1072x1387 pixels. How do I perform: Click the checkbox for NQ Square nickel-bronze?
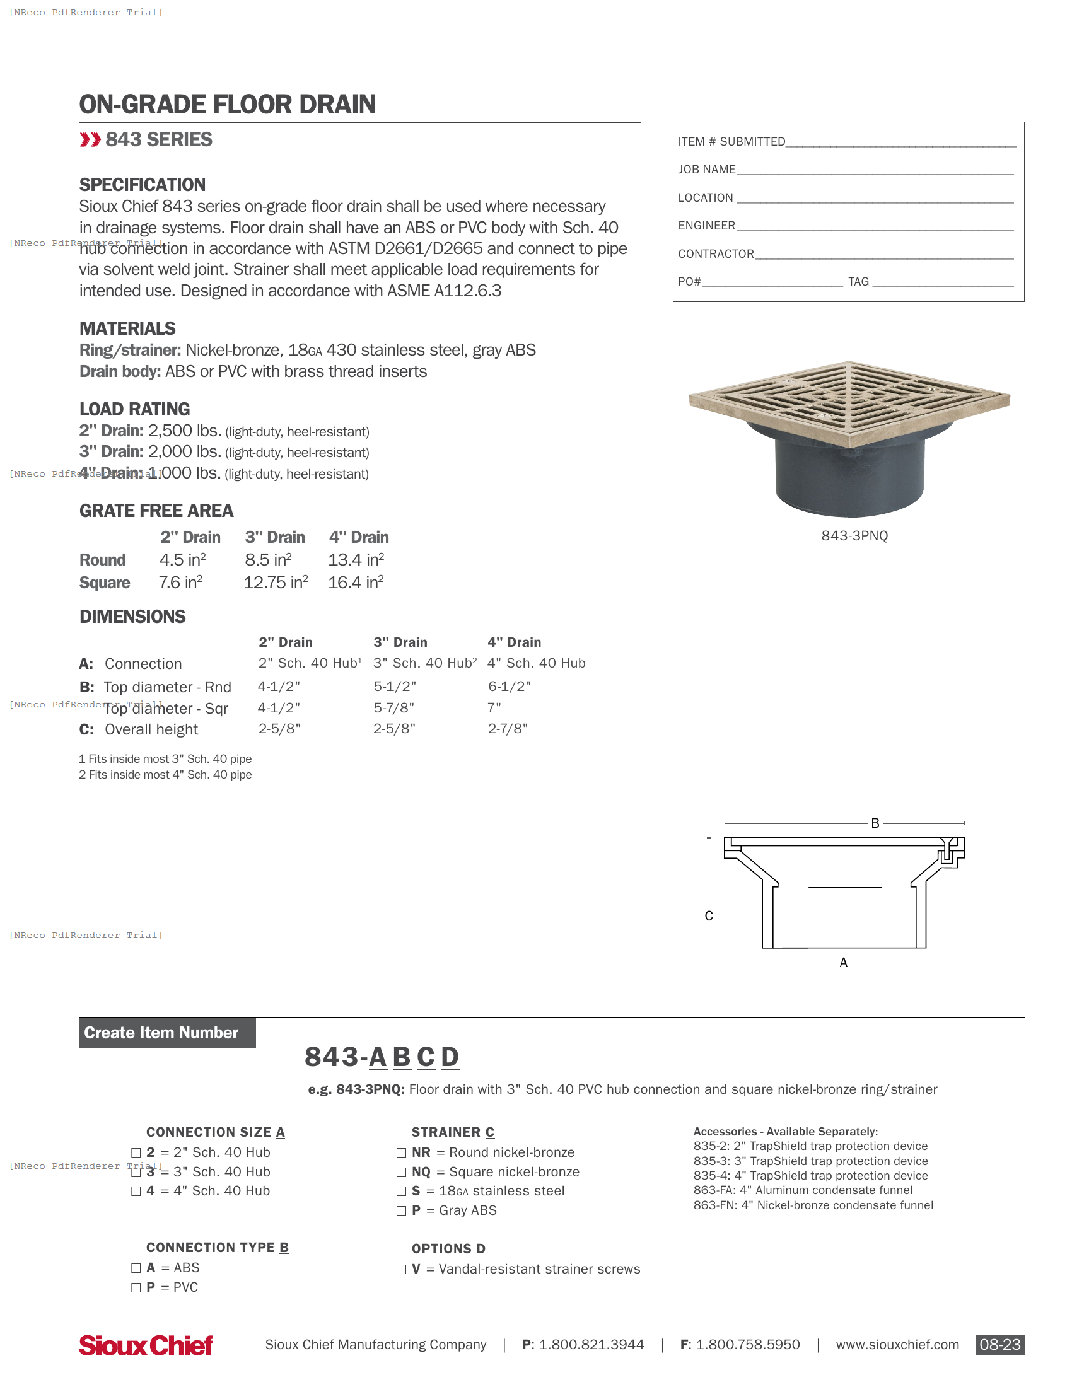(401, 1172)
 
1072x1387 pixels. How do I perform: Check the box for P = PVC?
(136, 1287)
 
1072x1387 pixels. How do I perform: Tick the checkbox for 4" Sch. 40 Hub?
(136, 1191)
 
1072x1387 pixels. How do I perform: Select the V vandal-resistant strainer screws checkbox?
(401, 1269)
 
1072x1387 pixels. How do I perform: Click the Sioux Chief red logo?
(146, 1345)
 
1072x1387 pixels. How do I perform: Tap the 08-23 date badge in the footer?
(999, 1345)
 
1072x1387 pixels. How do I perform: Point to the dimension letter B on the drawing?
(875, 823)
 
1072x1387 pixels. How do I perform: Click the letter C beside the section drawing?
(709, 916)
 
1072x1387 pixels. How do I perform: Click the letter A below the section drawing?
(843, 962)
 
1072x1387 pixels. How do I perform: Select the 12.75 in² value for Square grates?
(276, 583)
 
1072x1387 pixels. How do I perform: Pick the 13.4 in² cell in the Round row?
(356, 559)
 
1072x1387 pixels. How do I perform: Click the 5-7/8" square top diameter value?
(393, 707)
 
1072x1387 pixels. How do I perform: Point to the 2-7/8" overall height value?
(508, 728)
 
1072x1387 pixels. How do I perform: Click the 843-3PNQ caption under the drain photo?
(854, 535)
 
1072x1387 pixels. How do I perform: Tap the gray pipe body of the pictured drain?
(850, 476)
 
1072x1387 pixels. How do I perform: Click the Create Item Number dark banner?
(167, 1033)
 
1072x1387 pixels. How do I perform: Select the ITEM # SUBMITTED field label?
(731, 142)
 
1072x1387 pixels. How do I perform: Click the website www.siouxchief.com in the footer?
(897, 1345)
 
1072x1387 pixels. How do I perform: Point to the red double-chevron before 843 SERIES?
(90, 140)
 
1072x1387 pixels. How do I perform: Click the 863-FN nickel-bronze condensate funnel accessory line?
(813, 1205)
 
